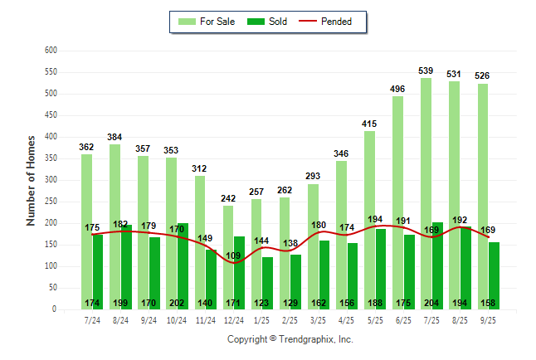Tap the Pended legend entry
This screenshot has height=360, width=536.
tap(335, 22)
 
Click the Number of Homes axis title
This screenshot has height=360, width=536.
tap(31, 180)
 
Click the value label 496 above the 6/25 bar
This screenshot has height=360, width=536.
tap(397, 90)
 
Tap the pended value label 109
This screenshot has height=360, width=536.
tap(235, 255)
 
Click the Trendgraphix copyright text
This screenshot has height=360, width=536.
tap(290, 339)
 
